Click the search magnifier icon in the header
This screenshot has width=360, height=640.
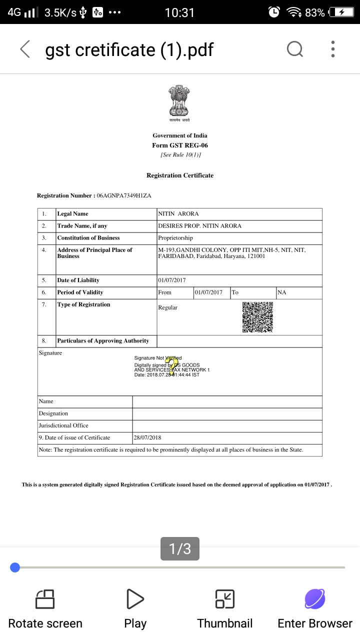click(294, 49)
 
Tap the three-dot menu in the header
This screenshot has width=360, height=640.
click(333, 49)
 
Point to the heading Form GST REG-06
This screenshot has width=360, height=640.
click(180, 145)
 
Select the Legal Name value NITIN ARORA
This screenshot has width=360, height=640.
click(178, 214)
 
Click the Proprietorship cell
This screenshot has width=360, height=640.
click(175, 238)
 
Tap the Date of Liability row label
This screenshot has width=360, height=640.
click(78, 280)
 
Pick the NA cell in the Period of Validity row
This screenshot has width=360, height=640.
click(282, 292)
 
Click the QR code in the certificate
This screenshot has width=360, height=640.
click(257, 317)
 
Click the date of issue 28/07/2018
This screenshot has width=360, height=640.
click(147, 438)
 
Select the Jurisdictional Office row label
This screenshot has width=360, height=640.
click(63, 426)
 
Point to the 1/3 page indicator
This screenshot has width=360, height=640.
click(180, 549)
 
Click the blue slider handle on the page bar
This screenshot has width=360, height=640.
click(15, 567)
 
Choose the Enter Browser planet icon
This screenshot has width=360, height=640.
click(315, 599)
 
